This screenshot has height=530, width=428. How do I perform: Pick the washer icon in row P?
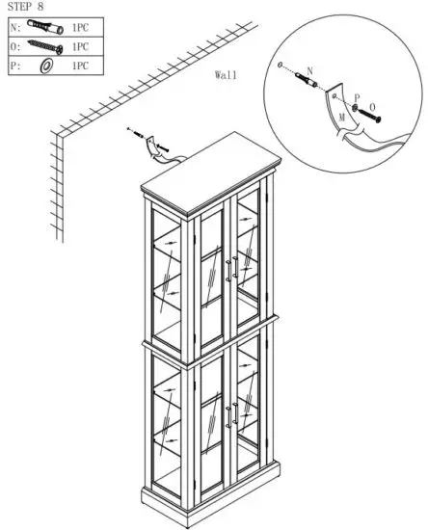pos(44,66)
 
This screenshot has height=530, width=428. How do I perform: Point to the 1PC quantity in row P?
pos(81,66)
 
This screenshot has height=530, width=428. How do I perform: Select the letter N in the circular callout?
pos(309,72)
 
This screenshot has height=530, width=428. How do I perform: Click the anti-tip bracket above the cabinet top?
pos(150,152)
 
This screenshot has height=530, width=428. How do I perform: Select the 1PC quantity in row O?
pos(81,45)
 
